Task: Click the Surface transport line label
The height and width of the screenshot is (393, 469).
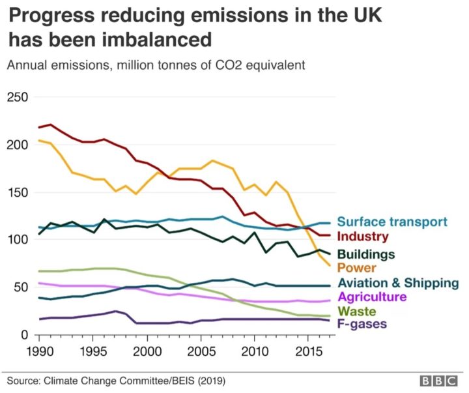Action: pos(392,222)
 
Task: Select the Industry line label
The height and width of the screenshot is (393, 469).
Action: pos(363,237)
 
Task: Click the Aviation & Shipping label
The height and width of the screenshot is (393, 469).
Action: pos(398,283)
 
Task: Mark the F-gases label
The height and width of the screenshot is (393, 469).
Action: pos(363,324)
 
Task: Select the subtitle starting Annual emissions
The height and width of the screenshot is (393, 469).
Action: pos(156,65)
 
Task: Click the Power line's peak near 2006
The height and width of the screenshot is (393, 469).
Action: pos(212,160)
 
